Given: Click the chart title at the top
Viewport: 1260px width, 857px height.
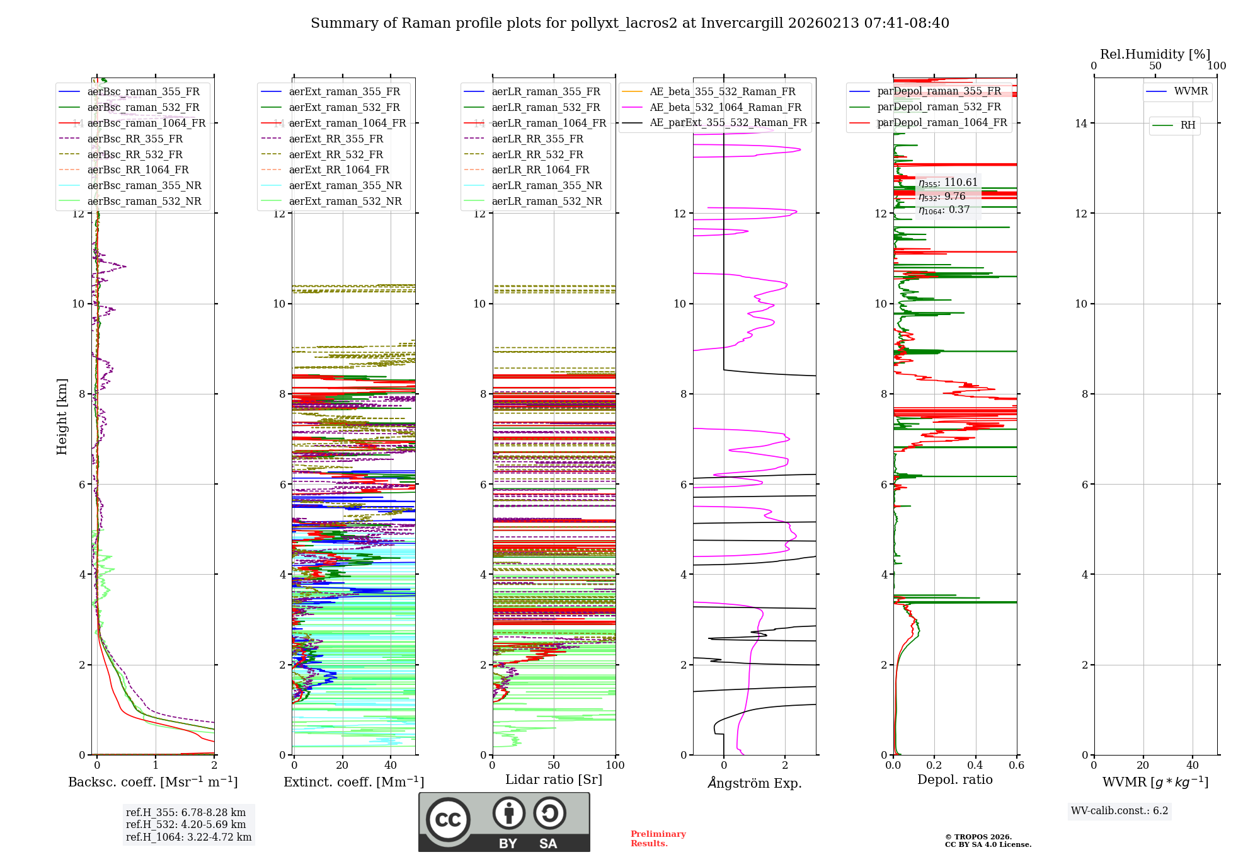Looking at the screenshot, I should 629,23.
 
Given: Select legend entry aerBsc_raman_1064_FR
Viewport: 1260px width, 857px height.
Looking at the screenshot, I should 146,124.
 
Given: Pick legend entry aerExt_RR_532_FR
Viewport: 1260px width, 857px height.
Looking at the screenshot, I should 336,154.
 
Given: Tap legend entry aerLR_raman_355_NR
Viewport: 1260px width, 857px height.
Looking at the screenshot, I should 547,186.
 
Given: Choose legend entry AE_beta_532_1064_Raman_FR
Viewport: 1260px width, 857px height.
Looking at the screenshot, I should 725,108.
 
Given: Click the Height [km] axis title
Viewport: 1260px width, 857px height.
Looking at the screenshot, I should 62,416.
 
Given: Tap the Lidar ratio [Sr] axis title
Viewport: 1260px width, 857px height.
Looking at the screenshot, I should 553,780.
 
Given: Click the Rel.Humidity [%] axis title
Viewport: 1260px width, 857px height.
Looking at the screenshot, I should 1155,54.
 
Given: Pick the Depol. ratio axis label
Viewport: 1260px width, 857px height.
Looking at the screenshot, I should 954,780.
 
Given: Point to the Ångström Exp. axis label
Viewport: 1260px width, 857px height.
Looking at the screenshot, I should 754,783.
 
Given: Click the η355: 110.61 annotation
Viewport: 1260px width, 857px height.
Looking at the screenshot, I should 948,183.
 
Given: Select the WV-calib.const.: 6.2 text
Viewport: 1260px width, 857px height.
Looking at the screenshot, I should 1120,811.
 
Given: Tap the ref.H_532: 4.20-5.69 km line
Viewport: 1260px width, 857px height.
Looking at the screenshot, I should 186,825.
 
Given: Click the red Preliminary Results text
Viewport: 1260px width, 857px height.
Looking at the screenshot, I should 658,839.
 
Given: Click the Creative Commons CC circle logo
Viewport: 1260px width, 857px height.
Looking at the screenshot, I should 448,820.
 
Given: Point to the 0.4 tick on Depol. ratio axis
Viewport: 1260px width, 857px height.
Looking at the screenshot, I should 975,766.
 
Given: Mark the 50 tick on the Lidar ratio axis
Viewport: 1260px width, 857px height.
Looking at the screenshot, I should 554,766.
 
